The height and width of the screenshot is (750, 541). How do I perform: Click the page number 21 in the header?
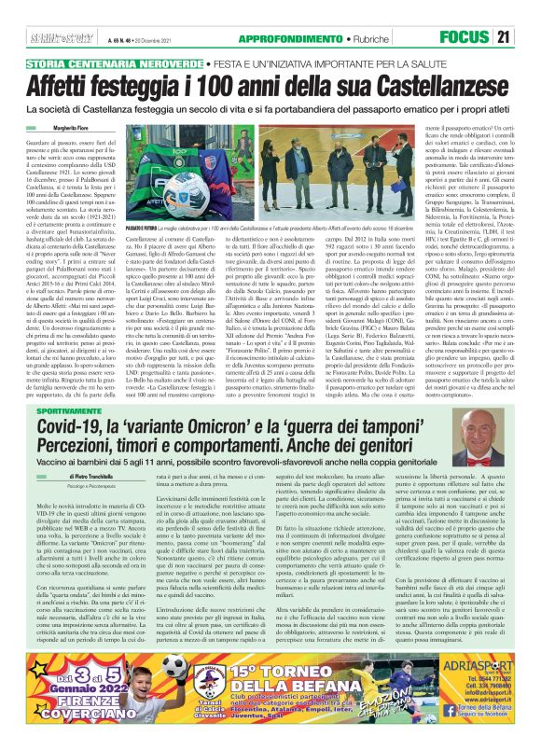pyautogui.click(x=528, y=37)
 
